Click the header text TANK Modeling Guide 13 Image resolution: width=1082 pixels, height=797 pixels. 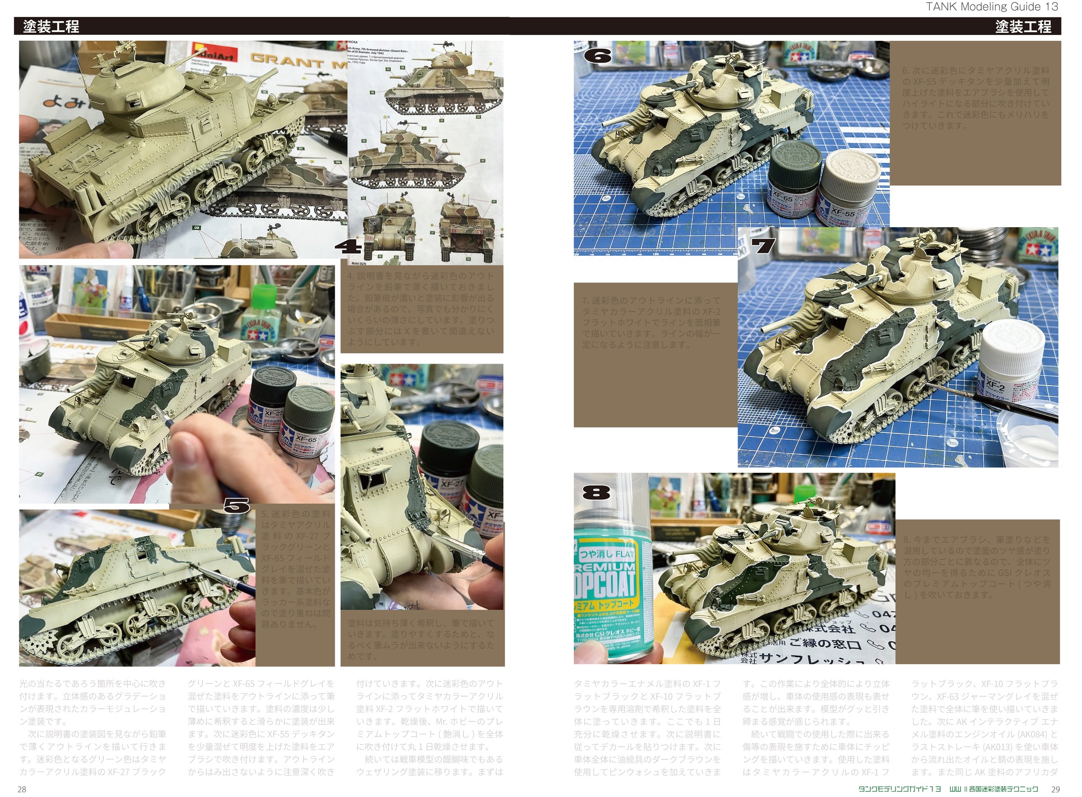coord(991,7)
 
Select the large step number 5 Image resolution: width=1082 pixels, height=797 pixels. coord(236,506)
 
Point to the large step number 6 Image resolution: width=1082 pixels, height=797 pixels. coord(597,56)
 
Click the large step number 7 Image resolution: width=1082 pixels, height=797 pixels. coord(764,247)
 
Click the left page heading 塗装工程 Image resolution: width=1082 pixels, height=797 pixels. coord(51,26)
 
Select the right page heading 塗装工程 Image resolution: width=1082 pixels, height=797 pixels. coord(1023,26)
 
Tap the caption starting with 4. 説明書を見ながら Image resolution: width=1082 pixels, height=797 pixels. coord(421,309)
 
